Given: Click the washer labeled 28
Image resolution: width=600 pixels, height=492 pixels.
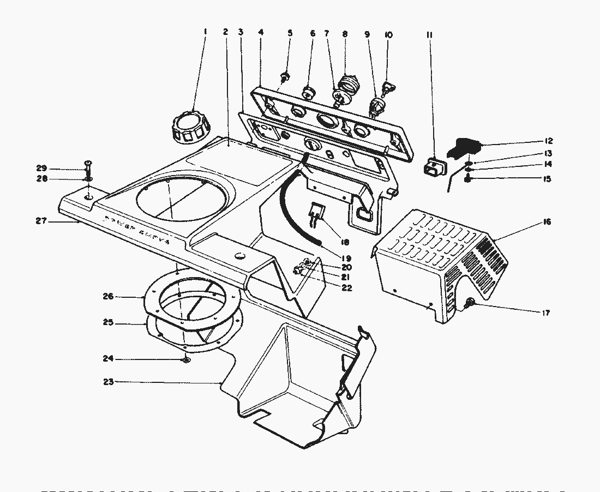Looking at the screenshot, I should coord(88,178).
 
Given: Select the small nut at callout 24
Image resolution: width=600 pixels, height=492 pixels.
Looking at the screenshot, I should coord(186,360).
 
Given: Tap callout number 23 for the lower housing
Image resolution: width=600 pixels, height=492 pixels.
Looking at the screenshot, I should coord(109,382).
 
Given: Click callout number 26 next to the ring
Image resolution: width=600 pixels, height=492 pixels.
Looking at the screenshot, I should coord(109,296).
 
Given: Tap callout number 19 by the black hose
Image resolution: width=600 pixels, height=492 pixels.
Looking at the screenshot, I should coord(345,257).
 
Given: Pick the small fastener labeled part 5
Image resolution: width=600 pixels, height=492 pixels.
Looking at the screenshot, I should coord(285,75).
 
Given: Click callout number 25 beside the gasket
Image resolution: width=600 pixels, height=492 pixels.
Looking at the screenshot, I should coord(109,323).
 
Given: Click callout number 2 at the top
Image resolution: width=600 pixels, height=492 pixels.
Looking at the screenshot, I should coord(225,32).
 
